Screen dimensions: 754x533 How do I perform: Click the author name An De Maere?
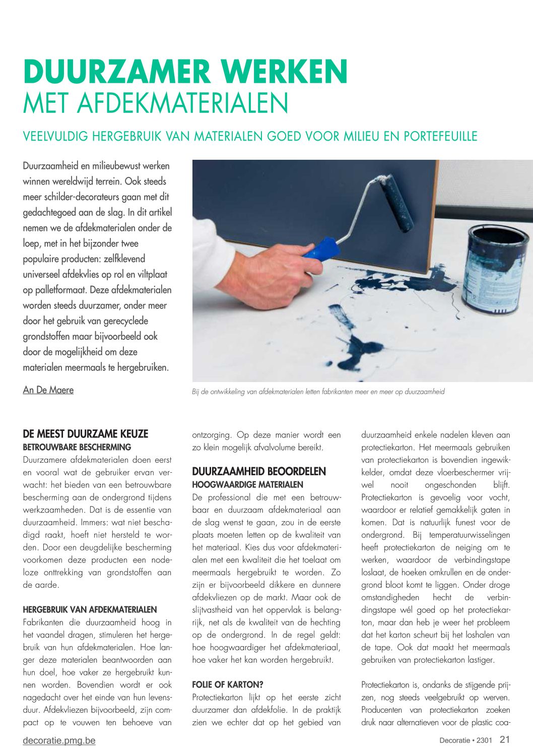tap(48, 390)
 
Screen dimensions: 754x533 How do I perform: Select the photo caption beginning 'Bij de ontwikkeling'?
tap(318, 392)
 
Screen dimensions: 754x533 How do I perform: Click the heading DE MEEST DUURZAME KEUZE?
tap(86, 434)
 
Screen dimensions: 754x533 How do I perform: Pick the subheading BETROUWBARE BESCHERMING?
tap(77, 447)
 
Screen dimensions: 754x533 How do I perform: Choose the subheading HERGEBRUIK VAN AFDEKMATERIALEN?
tap(90, 609)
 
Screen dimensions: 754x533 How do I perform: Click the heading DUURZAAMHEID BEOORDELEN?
tap(259, 471)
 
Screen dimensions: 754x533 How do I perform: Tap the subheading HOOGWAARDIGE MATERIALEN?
tap(247, 484)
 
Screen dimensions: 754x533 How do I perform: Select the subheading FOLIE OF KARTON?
tap(228, 684)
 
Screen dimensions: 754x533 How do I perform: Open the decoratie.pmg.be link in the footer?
tap(59, 740)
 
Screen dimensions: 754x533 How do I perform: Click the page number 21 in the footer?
tap(505, 739)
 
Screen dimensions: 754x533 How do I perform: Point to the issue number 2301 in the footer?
tap(484, 740)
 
